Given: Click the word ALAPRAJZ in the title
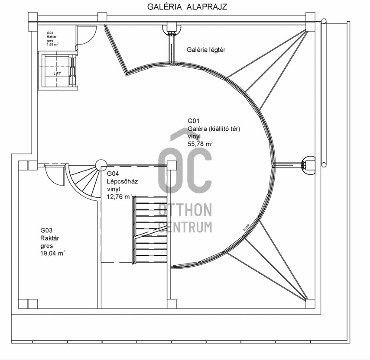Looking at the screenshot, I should [208, 6].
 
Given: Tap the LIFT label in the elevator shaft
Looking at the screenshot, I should [58, 74].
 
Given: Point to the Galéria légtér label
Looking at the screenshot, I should [206, 50].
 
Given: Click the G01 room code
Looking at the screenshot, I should [193, 121].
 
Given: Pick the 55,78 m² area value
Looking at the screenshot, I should [200, 144].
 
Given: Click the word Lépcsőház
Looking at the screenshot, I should [122, 181].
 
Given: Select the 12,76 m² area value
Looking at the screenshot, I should [119, 196].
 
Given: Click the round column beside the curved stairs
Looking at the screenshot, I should [101, 164].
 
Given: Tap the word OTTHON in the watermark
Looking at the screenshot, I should [185, 210].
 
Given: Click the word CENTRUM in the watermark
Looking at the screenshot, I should [185, 226].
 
